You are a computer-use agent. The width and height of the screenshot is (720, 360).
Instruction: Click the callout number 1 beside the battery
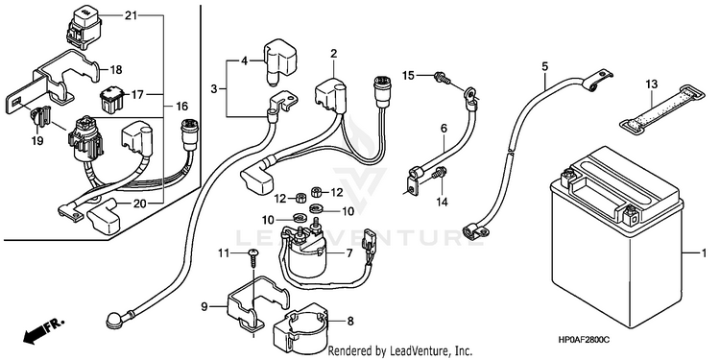point(703,253)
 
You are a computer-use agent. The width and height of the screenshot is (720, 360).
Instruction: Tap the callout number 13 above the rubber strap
point(651,84)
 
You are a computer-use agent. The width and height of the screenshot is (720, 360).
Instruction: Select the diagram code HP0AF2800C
point(584,340)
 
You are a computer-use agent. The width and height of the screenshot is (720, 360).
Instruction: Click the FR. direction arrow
point(42,330)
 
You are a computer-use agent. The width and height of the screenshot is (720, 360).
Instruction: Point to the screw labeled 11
point(252,260)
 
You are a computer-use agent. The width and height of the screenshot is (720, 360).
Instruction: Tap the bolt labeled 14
point(440,174)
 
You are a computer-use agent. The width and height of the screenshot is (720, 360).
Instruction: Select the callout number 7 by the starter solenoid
point(349,252)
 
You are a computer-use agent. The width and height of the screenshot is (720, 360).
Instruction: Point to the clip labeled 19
point(41,116)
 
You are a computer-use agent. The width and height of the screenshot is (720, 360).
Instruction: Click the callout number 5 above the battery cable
point(545,65)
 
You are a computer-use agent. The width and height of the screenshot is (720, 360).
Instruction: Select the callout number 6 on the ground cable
point(444,129)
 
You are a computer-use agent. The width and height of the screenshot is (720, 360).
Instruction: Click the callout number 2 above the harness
point(334,53)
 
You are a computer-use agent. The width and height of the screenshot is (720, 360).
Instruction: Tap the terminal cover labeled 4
point(279,63)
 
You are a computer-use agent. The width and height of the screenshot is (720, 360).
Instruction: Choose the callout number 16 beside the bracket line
point(181,107)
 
